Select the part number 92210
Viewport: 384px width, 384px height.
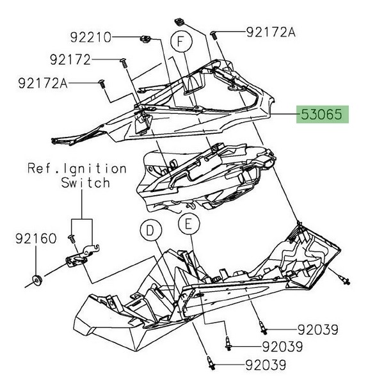(90, 37)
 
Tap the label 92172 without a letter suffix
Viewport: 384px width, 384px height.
(70, 60)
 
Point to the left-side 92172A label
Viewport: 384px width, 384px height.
(43, 83)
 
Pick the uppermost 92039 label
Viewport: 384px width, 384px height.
(317, 330)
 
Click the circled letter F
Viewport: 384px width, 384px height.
(181, 43)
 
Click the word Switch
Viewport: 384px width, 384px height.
(85, 183)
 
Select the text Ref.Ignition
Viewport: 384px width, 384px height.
(77, 169)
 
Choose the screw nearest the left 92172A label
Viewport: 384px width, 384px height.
(101, 83)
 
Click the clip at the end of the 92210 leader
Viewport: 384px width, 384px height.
(145, 40)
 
